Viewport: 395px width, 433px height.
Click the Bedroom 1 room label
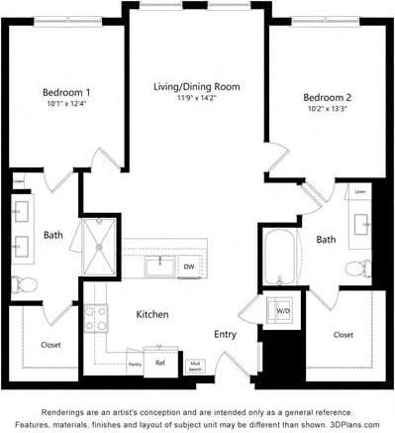pyautogui.click(x=67, y=91)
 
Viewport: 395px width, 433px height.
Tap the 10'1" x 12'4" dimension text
pyautogui.click(x=67, y=103)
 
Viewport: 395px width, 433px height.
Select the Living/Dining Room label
pyautogui.click(x=196, y=86)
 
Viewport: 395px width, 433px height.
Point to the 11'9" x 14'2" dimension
pyautogui.click(x=196, y=98)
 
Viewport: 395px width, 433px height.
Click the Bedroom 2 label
pyautogui.click(x=328, y=97)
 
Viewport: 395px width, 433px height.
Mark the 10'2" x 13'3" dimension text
pyautogui.click(x=328, y=109)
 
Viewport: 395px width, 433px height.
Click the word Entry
pyautogui.click(x=226, y=334)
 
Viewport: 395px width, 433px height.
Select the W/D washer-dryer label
pyautogui.click(x=283, y=311)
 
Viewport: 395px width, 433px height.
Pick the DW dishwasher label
pyautogui.click(x=188, y=267)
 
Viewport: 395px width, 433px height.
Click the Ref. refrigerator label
pyautogui.click(x=159, y=363)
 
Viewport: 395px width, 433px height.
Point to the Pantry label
pyautogui.click(x=135, y=365)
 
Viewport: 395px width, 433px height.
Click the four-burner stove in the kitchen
pyautogui.click(x=96, y=318)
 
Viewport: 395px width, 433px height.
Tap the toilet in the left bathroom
pyautogui.click(x=26, y=284)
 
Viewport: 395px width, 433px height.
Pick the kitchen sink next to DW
pyautogui.click(x=157, y=266)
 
